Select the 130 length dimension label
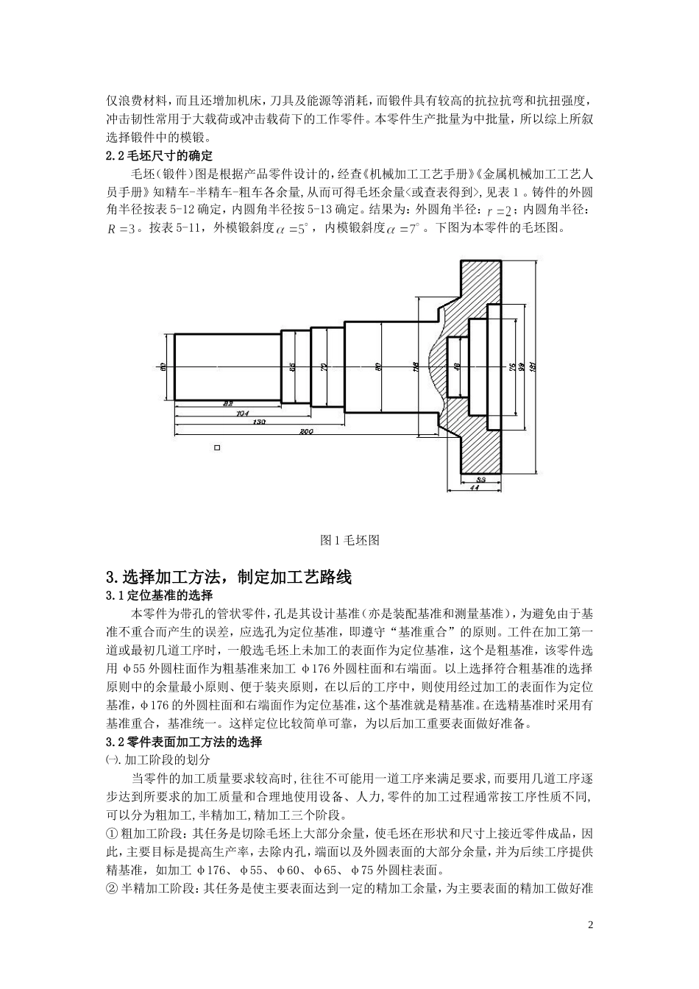(x=259, y=422)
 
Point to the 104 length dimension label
(x=241, y=413)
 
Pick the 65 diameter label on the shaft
(x=292, y=366)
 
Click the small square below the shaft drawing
(x=216, y=447)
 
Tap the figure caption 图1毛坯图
(x=350, y=540)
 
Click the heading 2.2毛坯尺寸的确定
(x=160, y=156)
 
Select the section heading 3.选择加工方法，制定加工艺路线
(x=229, y=577)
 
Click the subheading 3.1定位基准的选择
(x=160, y=595)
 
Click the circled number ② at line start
(x=113, y=890)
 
